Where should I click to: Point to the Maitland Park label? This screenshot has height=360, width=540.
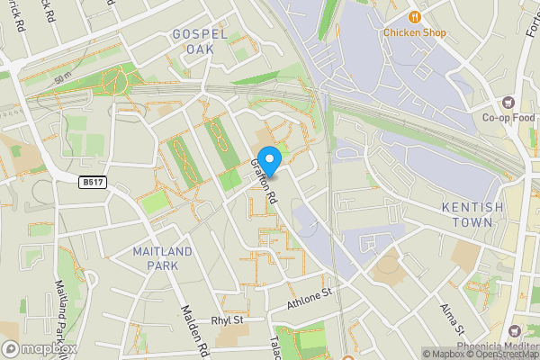click(162, 257)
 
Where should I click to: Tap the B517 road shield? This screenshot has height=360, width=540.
click(90, 182)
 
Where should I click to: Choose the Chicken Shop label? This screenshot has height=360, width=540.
click(415, 32)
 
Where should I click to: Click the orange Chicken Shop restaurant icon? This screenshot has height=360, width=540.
click(415, 15)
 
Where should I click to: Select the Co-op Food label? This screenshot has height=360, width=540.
click(508, 117)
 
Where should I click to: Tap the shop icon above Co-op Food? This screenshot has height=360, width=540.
click(508, 101)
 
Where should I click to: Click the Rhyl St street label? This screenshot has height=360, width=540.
click(228, 319)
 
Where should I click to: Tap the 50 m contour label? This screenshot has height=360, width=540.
click(61, 80)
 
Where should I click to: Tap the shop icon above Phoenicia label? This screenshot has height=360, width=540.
click(513, 332)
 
